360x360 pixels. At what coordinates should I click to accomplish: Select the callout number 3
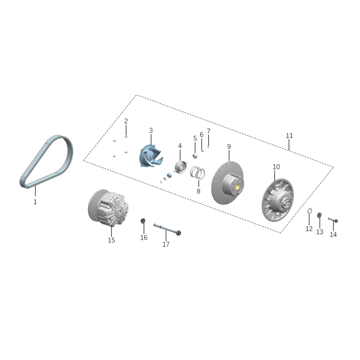click(151, 131)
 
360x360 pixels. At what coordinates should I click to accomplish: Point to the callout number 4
click(180, 146)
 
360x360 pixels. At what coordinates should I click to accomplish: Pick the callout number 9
click(229, 147)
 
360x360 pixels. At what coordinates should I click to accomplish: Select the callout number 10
click(276, 167)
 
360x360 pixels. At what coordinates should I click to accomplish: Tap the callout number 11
click(289, 136)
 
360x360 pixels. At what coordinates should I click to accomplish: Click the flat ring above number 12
click(309, 212)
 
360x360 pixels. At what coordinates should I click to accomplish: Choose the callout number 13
click(319, 232)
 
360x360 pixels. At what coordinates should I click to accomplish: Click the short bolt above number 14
click(332, 220)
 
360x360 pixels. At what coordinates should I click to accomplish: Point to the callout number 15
click(111, 240)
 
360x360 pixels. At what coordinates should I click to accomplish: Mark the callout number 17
click(166, 245)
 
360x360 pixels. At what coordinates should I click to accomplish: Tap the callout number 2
click(126, 121)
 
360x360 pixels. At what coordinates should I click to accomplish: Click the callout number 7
click(208, 131)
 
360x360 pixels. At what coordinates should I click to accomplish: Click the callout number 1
click(35, 202)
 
